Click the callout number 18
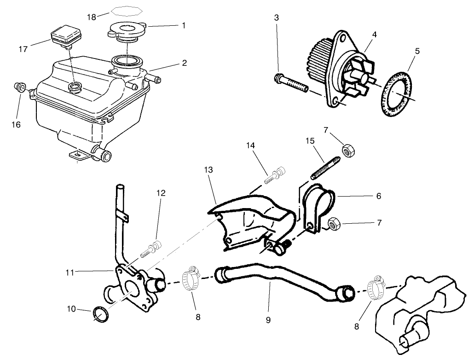pyautogui.click(x=91, y=17)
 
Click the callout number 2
pyautogui.click(x=184, y=63)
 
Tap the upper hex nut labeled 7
pyautogui.click(x=348, y=149)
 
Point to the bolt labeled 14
pyautogui.click(x=275, y=175)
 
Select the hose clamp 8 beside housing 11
pyautogui.click(x=190, y=278)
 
